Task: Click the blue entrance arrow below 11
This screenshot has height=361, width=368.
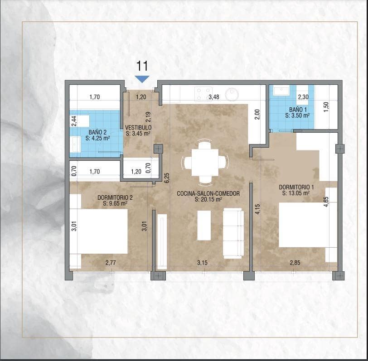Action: point(142,79)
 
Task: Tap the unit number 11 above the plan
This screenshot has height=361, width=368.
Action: point(142,66)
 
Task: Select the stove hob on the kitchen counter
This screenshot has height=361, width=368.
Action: point(201,94)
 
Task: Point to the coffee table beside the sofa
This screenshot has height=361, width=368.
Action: point(204,225)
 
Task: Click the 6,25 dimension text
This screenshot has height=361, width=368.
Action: point(167,178)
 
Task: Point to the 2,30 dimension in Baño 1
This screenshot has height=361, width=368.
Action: point(303,96)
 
